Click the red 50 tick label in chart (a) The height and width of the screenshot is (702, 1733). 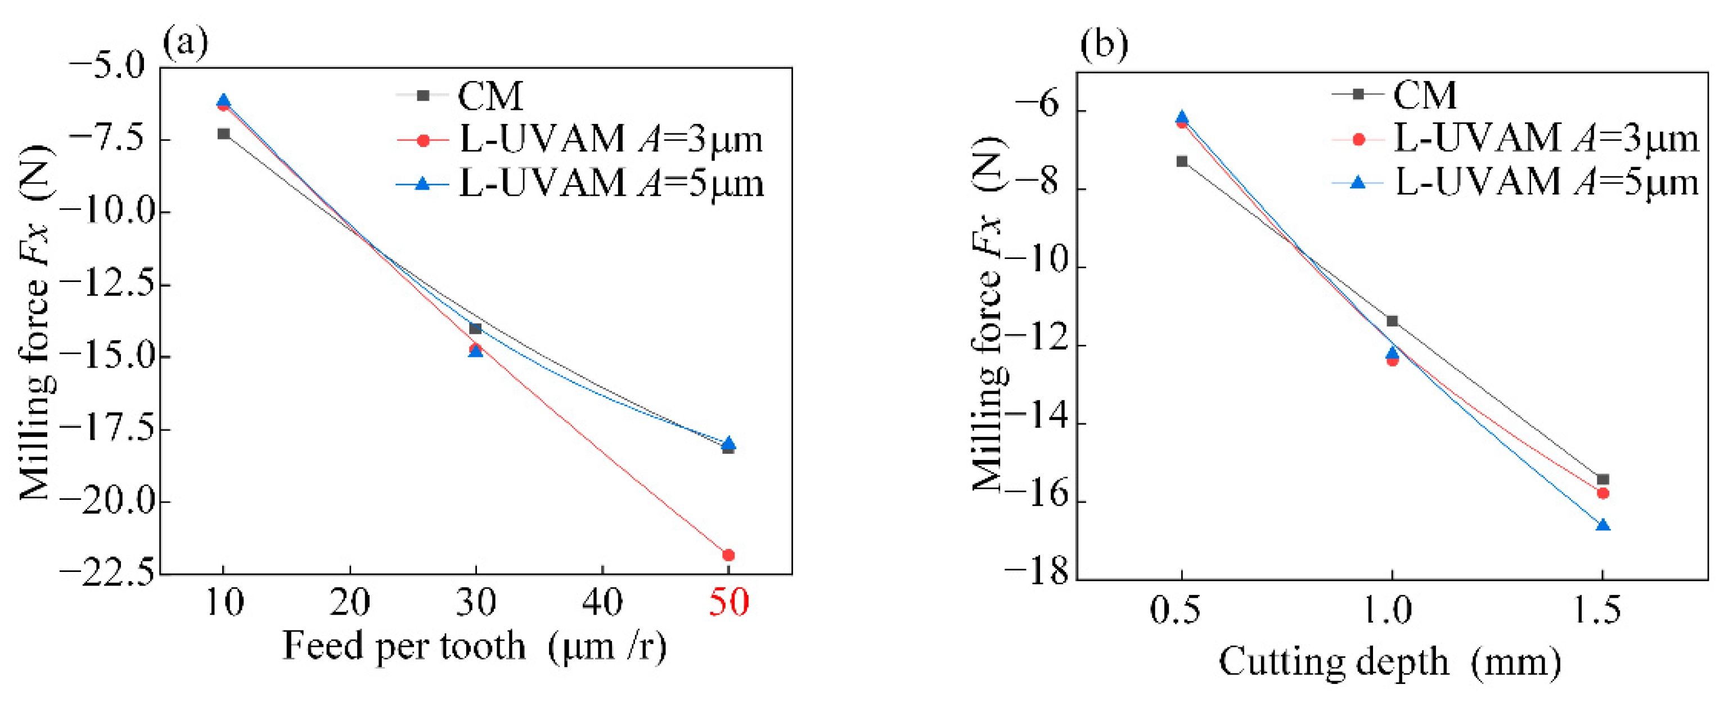[728, 602]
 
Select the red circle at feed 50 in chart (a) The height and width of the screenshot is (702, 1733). [728, 555]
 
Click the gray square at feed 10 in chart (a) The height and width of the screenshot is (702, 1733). [224, 134]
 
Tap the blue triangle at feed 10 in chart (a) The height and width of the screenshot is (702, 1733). [223, 101]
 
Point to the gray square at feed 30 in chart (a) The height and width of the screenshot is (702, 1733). [476, 328]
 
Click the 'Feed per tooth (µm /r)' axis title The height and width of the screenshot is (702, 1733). [474, 646]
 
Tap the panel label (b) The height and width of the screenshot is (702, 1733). [1104, 44]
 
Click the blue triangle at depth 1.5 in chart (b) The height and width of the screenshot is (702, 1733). [1603, 525]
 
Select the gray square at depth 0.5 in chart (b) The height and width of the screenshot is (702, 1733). [1182, 162]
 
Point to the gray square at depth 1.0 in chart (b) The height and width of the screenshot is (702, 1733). [1393, 321]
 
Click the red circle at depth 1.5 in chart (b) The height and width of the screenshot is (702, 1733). [1603, 493]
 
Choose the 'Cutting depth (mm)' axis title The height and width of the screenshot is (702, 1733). [1390, 663]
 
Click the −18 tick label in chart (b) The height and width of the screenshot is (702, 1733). [1036, 574]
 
